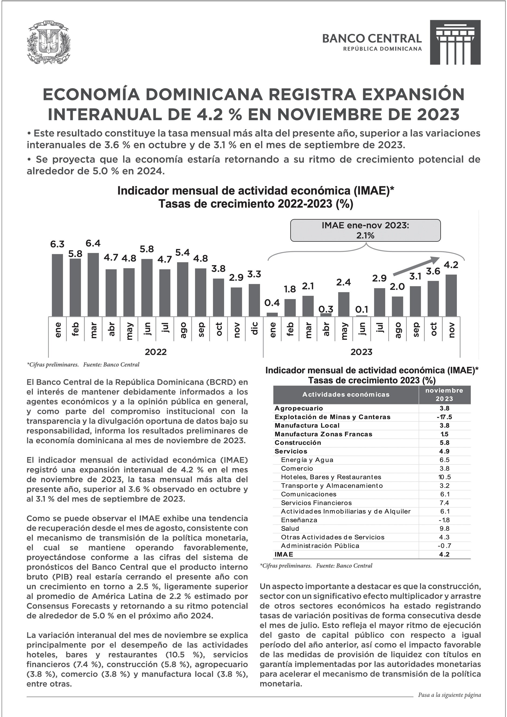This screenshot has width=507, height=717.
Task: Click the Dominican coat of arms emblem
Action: (x=48, y=42)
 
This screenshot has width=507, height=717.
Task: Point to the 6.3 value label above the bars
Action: (x=57, y=244)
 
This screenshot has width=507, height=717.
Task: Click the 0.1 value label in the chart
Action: (x=362, y=310)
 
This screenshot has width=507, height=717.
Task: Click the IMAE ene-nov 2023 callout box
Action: (x=365, y=230)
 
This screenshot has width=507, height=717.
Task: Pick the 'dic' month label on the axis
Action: (x=254, y=329)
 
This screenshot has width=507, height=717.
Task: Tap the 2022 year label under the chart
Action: (x=155, y=352)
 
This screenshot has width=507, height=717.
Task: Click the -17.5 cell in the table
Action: (x=444, y=417)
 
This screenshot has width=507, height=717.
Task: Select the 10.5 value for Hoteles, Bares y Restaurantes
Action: (x=444, y=477)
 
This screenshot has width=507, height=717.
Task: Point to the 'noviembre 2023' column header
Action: (x=444, y=394)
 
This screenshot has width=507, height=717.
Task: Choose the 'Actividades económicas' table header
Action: (x=346, y=394)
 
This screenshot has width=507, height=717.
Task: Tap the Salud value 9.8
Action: (x=444, y=528)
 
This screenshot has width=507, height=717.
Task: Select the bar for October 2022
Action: (x=218, y=297)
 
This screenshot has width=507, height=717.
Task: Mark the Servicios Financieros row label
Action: (x=316, y=503)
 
